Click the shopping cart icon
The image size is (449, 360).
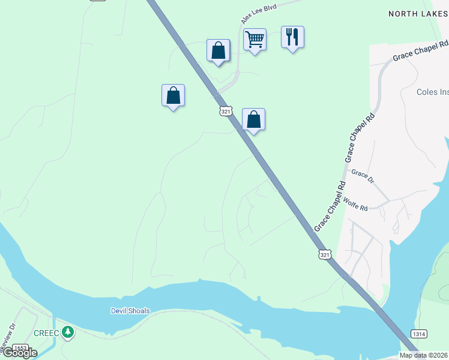(255, 40)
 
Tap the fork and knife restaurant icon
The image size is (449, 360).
(292, 37)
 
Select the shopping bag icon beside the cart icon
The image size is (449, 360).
(218, 50)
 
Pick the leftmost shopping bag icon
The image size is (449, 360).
(173, 95)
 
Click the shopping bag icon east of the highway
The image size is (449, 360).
(253, 119)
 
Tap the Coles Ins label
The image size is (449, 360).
(432, 92)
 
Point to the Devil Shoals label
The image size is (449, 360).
(130, 311)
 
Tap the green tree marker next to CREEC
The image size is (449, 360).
(68, 332)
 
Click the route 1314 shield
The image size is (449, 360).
(419, 334)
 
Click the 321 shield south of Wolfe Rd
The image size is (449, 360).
(325, 254)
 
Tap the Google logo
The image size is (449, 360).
(19, 353)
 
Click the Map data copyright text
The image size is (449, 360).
(424, 355)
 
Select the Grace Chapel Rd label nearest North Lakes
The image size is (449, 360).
(421, 51)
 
